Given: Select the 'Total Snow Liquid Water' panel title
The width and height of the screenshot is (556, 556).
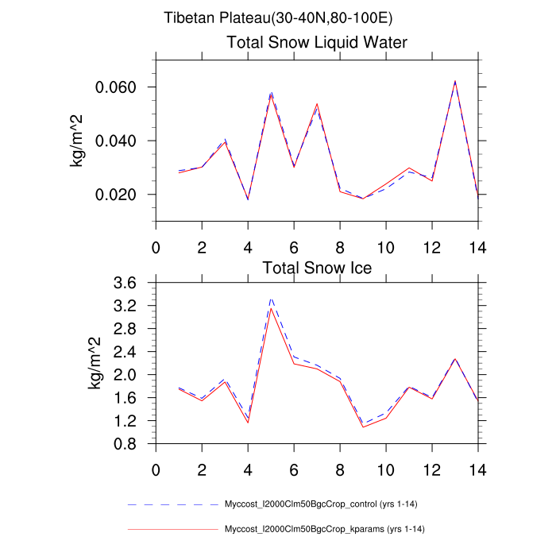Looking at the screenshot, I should pyautogui.click(x=317, y=43).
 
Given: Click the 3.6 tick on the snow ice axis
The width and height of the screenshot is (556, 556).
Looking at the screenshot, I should pyautogui.click(x=130, y=283).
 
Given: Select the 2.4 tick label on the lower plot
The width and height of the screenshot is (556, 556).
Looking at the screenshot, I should pyautogui.click(x=130, y=352).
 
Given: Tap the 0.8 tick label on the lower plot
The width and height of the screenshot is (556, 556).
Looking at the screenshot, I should pyautogui.click(x=130, y=444).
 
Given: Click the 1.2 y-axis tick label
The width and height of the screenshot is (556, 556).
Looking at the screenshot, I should pyautogui.click(x=130, y=421).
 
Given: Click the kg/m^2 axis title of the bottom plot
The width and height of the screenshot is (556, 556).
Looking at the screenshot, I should pyautogui.click(x=94, y=363).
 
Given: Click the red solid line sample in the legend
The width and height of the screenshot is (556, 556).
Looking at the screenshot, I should pyautogui.click(x=172, y=529).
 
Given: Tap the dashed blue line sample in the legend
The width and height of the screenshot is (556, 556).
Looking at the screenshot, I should pyautogui.click(x=172, y=504).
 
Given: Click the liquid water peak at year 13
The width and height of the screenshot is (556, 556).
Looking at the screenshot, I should pyautogui.click(x=455, y=81).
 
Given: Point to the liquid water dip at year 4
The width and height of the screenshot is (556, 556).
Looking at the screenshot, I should pyautogui.click(x=248, y=199).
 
